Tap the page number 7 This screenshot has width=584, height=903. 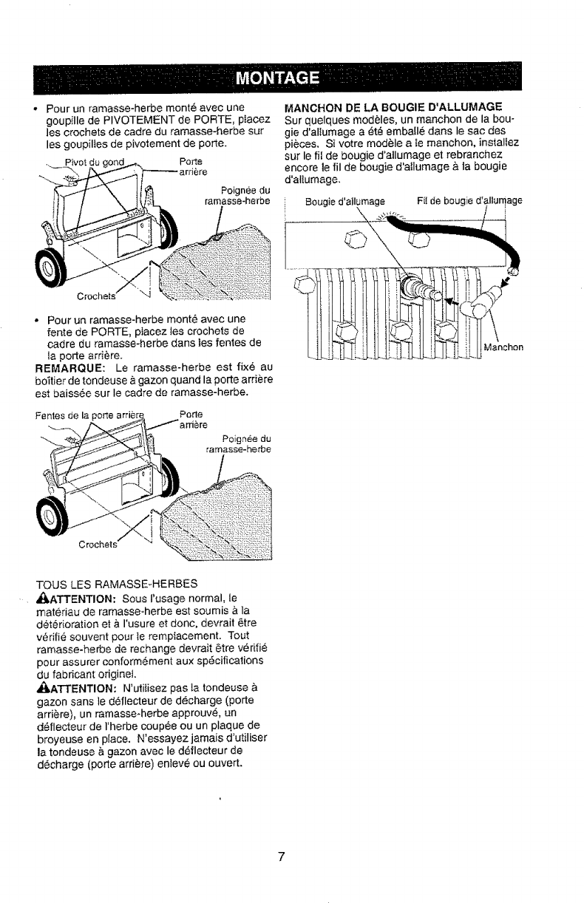tap(281, 857)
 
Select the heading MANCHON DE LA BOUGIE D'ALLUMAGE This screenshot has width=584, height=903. tap(394, 106)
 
